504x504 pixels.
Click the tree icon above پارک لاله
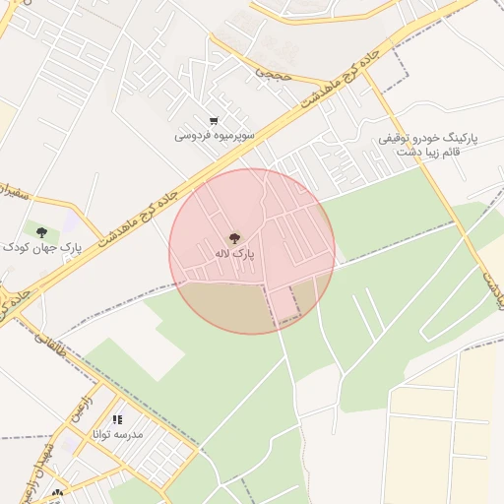[234, 237]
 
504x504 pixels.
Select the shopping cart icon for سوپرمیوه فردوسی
[214, 120]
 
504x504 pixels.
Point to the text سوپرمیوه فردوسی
[215, 134]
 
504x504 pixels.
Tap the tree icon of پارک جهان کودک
[41, 232]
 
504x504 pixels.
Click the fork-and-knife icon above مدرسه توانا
[117, 420]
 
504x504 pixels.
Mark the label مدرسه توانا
[117, 434]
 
